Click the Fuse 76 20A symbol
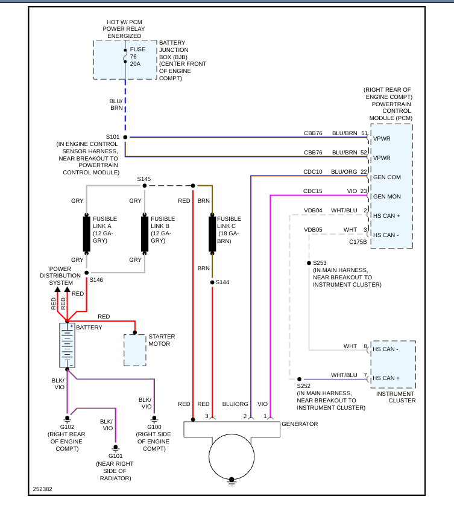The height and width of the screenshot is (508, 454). (x=125, y=56)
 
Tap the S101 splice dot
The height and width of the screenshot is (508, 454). (x=125, y=138)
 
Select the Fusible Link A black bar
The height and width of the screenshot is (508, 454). (x=86, y=233)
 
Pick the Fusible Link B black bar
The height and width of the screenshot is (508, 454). (x=145, y=233)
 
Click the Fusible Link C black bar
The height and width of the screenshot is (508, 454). (x=212, y=233)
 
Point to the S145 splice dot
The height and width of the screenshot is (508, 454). (x=144, y=186)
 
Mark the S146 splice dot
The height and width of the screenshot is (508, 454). (x=86, y=273)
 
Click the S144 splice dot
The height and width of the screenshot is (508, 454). (x=212, y=282)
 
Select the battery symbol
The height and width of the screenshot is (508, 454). (x=67, y=345)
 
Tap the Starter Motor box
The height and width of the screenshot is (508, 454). (x=135, y=349)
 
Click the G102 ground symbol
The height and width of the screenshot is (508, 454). (x=68, y=418)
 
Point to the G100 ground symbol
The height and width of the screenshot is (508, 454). (x=154, y=418)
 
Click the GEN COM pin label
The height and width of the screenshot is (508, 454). (x=386, y=177)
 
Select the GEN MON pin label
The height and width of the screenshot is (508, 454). (x=386, y=197)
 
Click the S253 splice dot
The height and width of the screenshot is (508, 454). (x=308, y=263)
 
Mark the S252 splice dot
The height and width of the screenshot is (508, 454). (x=299, y=379)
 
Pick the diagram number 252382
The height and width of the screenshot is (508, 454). (x=42, y=489)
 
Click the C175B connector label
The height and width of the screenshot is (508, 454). (x=358, y=242)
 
